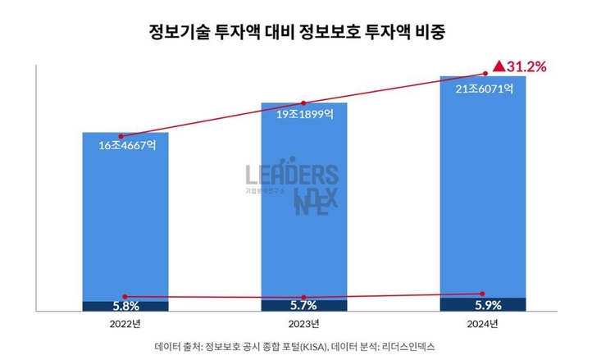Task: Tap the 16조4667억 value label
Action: [x=125, y=147]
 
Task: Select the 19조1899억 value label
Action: [x=304, y=115]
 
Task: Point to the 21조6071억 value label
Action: [x=483, y=89]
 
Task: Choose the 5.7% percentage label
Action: [x=304, y=305]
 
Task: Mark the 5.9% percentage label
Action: [x=483, y=305]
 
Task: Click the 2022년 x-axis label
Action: [x=125, y=324]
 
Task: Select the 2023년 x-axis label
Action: [x=304, y=324]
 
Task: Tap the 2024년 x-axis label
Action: [x=483, y=324]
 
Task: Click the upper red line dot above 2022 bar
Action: [x=121, y=136]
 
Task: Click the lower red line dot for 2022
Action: [x=125, y=296]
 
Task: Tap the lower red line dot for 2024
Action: [x=483, y=293]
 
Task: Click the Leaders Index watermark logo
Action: [x=292, y=187]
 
